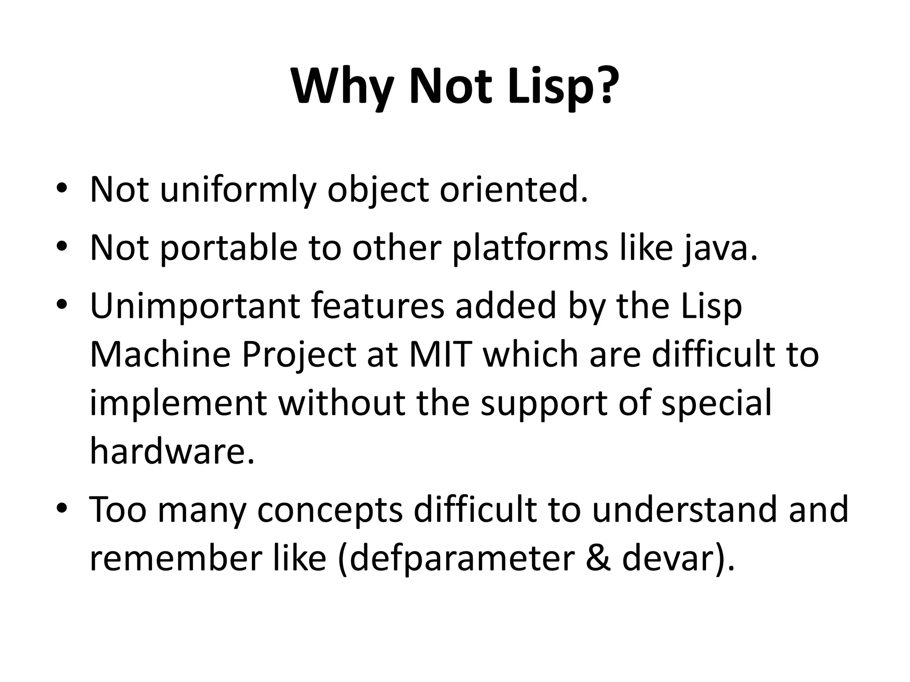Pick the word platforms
(x=530, y=247)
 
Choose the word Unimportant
(x=195, y=306)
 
